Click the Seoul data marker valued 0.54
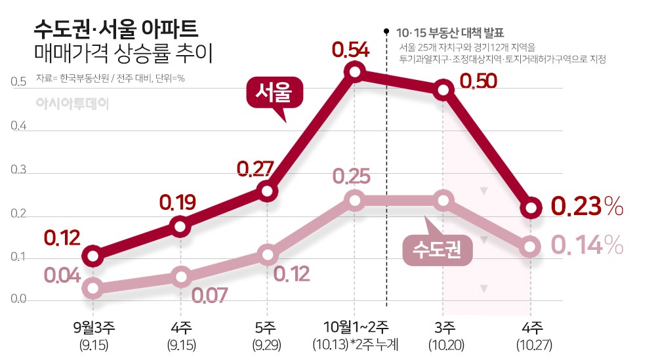[x=354, y=71]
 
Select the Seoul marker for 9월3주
[x=93, y=256]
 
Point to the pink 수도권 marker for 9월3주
[x=93, y=287]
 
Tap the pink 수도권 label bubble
[x=437, y=250]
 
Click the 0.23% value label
[x=586, y=206]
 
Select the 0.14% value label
[x=586, y=245]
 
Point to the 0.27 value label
[x=255, y=169]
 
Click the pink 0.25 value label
[x=351, y=176]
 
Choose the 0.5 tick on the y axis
[x=18, y=83]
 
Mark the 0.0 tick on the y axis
[x=18, y=300]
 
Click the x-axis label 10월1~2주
[x=356, y=326]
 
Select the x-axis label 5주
[x=266, y=326]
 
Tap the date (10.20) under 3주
[x=444, y=344]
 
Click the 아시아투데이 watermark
[x=72, y=104]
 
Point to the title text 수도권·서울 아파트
[x=115, y=30]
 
